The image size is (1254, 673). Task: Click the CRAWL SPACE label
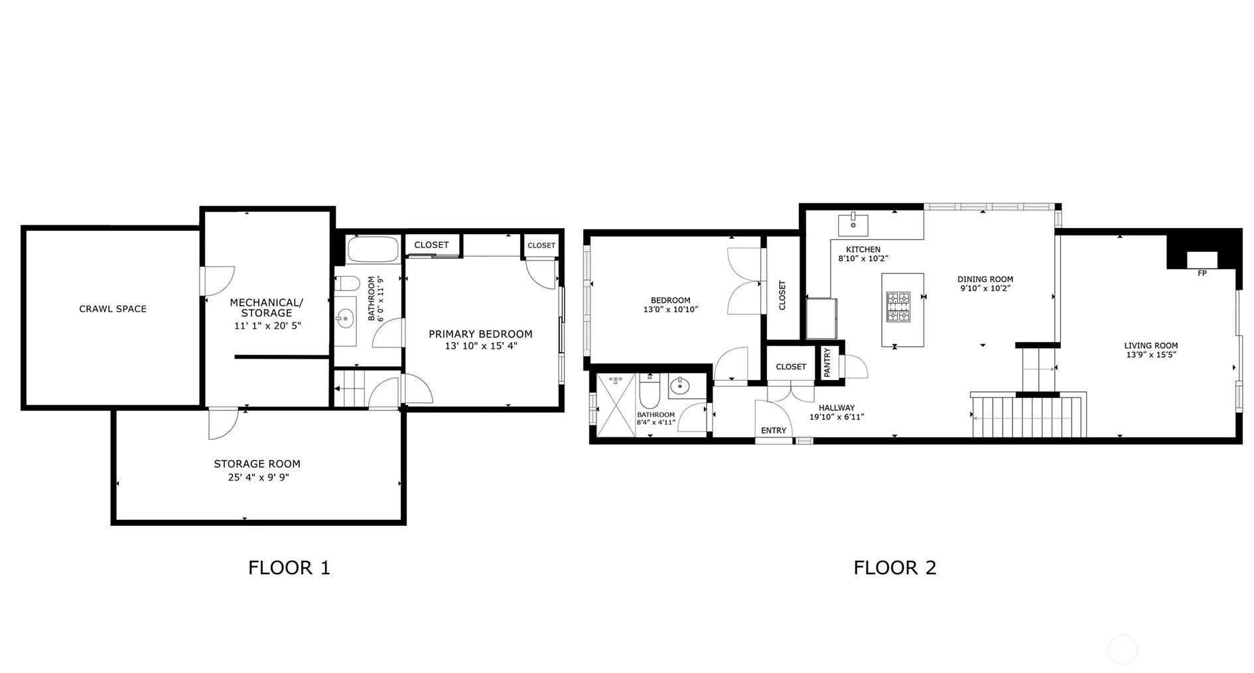tap(113, 309)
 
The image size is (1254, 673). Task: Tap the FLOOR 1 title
tap(289, 568)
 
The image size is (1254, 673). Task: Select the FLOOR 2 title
tap(894, 568)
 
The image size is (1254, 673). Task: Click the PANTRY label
tap(827, 363)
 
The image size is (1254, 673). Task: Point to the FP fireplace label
tap(1202, 273)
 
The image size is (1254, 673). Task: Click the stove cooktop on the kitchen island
tap(898, 307)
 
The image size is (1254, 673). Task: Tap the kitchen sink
tap(853, 225)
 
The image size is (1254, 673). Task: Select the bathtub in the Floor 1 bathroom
tap(373, 249)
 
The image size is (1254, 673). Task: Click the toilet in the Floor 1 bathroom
tap(346, 284)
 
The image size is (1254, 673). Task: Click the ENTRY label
tap(774, 431)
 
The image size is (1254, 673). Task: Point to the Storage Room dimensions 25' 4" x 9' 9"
tap(258, 477)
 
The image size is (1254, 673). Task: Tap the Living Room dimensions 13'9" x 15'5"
tap(1151, 355)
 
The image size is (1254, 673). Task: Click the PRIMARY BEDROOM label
tap(480, 334)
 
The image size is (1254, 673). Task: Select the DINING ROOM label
tap(985, 279)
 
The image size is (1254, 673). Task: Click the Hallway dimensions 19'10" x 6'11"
tap(837, 417)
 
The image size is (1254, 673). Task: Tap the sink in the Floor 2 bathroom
tap(679, 386)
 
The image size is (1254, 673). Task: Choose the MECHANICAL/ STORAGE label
tap(267, 308)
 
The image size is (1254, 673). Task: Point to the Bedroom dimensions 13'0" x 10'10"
tap(671, 310)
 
